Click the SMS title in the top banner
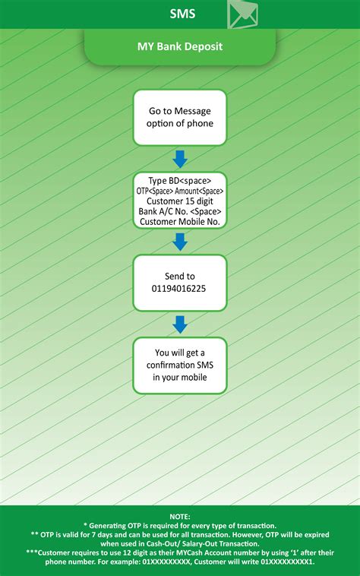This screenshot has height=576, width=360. [x=182, y=14]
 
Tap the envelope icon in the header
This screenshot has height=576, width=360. [x=242, y=14]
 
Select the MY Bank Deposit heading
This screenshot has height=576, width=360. [x=180, y=46]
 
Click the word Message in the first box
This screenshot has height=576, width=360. [x=192, y=111]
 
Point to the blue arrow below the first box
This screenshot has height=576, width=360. [x=180, y=159]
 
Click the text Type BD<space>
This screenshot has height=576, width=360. [x=180, y=180]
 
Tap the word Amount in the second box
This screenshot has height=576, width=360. [x=187, y=191]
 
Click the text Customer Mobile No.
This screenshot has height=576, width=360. [x=180, y=222]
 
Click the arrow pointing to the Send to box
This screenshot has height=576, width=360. [x=180, y=242]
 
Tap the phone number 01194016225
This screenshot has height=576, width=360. [x=178, y=289]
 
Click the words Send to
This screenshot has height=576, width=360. [x=180, y=277]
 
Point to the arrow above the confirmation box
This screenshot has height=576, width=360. [x=180, y=324]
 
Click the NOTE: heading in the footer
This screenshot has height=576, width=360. [x=180, y=517]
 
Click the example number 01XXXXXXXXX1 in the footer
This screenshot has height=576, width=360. [x=287, y=562]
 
